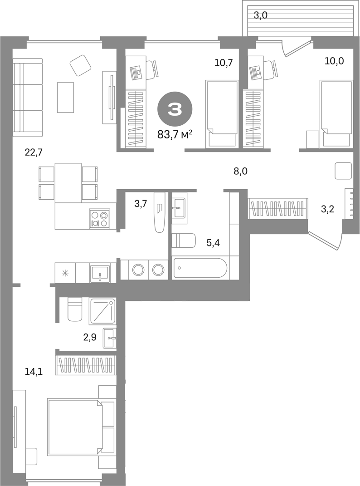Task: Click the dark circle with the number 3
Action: [x=175, y=109]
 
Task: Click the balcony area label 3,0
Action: [x=261, y=15]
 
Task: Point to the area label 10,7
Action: [x=224, y=63]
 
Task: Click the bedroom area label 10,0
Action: [x=334, y=61]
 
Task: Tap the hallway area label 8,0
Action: [x=240, y=171]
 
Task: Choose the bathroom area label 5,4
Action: [x=213, y=243]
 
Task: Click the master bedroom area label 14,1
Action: [x=34, y=371]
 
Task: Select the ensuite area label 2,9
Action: [x=89, y=337]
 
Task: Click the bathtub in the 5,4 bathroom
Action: [x=200, y=268]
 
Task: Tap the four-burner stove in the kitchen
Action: [x=99, y=219]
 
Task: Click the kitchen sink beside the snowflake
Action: [x=100, y=274]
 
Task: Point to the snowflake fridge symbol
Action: [x=65, y=273]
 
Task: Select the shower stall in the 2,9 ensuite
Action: [x=102, y=311]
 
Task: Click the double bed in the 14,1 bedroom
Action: [x=75, y=427]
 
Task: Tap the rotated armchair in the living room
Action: [x=81, y=65]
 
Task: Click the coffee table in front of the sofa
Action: [x=65, y=97]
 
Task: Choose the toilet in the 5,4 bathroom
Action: [x=184, y=241]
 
